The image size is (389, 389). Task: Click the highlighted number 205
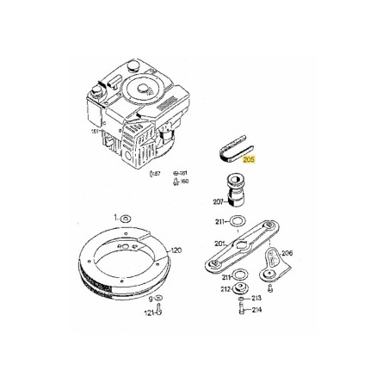point(250,159)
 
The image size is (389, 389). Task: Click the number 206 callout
point(287,253)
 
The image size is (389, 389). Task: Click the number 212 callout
point(225,289)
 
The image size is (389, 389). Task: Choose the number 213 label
point(256,297)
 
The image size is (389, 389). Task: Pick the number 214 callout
point(256,311)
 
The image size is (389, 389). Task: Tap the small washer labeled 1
point(126,219)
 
